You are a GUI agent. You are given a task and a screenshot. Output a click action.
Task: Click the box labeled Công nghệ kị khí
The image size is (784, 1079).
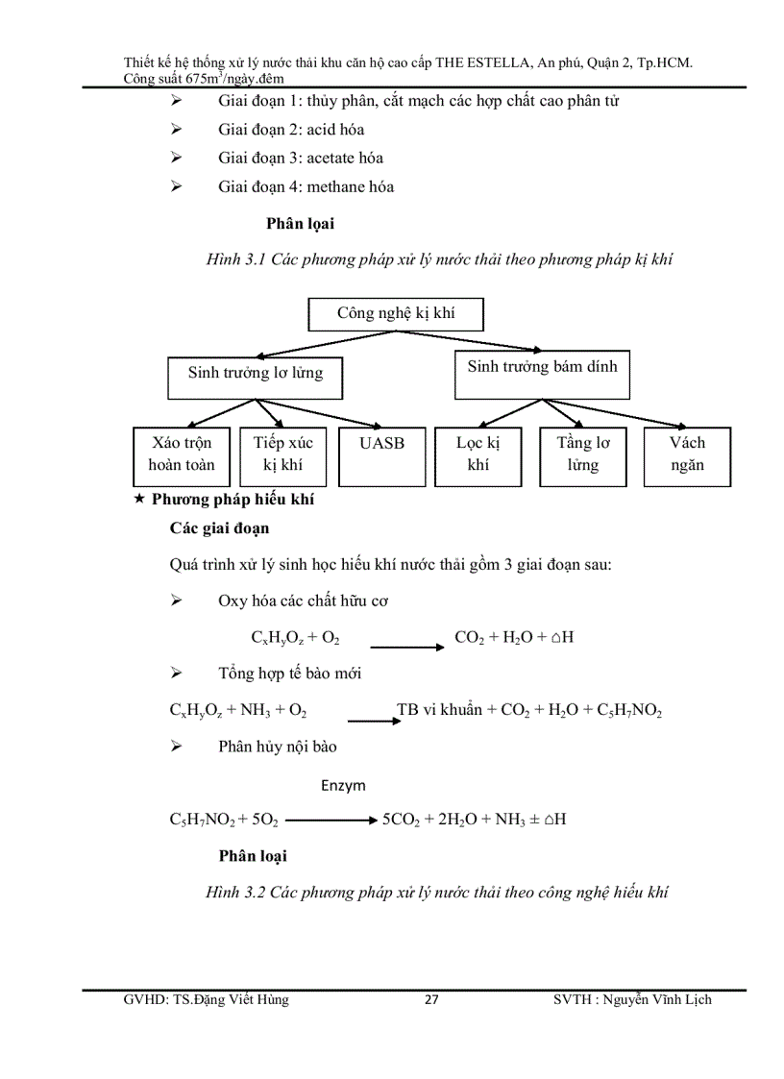[395, 313]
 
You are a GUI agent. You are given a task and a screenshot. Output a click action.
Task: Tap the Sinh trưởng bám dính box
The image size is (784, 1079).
[542, 374]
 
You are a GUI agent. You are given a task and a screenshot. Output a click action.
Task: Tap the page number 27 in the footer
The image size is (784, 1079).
[431, 1000]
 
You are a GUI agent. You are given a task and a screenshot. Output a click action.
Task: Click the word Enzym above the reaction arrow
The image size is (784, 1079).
[343, 785]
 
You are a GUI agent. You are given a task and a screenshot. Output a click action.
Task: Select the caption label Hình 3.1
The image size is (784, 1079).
[236, 260]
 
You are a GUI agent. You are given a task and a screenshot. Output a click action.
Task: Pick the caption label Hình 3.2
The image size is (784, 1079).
[234, 893]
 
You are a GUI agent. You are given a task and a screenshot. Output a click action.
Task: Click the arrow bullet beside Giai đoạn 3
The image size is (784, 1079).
[176, 158]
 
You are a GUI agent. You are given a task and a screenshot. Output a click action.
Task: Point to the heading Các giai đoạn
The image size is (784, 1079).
[219, 528]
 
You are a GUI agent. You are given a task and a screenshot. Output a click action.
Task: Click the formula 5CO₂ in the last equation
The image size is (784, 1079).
[403, 820]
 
